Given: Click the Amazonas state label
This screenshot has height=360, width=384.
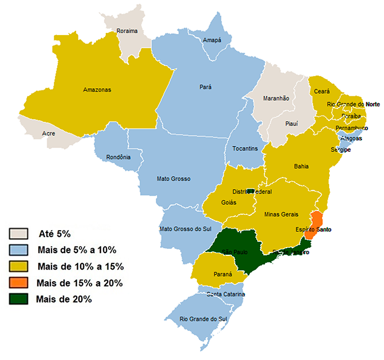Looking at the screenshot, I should pyautogui.click(x=97, y=89).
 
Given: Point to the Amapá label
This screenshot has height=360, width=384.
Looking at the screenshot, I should pyautogui.click(x=211, y=40).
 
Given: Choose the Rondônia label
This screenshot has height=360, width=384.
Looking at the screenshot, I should pyautogui.click(x=119, y=158).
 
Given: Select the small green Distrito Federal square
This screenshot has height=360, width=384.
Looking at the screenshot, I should pyautogui.click(x=251, y=191).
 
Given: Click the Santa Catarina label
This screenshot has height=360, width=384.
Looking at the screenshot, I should pyautogui.click(x=225, y=295).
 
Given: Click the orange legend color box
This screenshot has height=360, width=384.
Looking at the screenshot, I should pyautogui.click(x=18, y=283).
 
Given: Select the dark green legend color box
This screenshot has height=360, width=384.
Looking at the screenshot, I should pyautogui.click(x=18, y=299).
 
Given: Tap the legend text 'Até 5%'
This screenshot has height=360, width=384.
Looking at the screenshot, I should pyautogui.click(x=55, y=234).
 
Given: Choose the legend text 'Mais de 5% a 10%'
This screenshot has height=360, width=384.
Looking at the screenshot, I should pyautogui.click(x=77, y=250).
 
